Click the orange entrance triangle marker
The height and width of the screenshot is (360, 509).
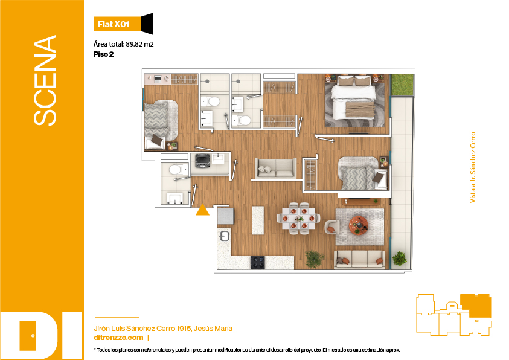click(202, 210)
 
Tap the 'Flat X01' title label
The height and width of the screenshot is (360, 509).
click(114, 24)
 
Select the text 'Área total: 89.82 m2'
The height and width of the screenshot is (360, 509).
click(123, 44)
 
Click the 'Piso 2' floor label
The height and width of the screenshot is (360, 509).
click(104, 54)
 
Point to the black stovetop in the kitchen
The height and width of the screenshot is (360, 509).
click(257, 262)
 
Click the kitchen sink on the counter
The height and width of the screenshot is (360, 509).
click(224, 236)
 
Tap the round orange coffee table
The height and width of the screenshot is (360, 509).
click(359, 225)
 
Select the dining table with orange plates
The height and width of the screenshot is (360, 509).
click(299, 219)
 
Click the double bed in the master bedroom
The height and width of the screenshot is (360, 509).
click(353, 97)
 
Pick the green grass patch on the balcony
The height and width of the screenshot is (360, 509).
click(403, 85)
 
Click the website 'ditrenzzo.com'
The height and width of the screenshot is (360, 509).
click(118, 338)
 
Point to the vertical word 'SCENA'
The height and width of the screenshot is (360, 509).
click(45, 80)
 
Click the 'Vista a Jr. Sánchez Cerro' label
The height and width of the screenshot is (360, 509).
click(473, 167)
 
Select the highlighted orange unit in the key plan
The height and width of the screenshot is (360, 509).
click(476, 306)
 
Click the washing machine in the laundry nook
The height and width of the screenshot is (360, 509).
click(202, 161)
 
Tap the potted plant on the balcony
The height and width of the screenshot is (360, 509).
click(399, 259)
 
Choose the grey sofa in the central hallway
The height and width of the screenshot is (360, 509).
click(276, 168)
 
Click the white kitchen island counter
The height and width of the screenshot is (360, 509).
click(258, 220)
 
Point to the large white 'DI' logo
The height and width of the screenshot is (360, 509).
click(41, 336)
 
